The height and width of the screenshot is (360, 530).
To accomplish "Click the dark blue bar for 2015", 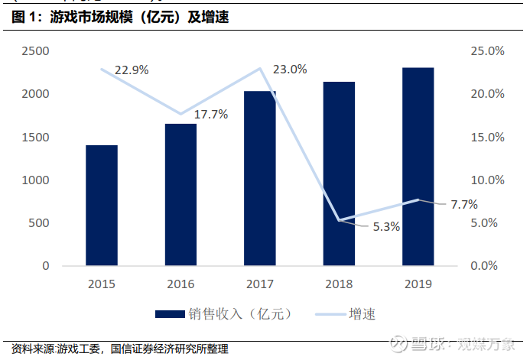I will click(x=102, y=206).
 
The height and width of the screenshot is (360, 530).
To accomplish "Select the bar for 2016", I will click(x=180, y=195).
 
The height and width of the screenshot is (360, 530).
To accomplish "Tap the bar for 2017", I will click(x=260, y=179).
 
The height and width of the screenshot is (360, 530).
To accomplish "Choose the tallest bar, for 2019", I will click(x=418, y=167).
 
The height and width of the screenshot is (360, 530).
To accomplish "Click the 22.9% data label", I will click(x=132, y=70).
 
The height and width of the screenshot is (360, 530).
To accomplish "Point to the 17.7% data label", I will click(x=211, y=115).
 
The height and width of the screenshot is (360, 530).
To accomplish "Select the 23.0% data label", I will click(x=290, y=70).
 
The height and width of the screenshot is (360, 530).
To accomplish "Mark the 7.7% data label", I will click(x=464, y=204).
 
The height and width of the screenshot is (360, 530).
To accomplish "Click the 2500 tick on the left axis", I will click(x=35, y=51).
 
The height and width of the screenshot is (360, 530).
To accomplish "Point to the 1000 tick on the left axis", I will click(x=35, y=180).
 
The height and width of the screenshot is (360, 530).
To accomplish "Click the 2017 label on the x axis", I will click(x=260, y=284).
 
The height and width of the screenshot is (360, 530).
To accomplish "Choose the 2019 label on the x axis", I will click(x=418, y=284).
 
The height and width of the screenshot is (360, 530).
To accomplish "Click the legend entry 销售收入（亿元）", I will click(x=223, y=313).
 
